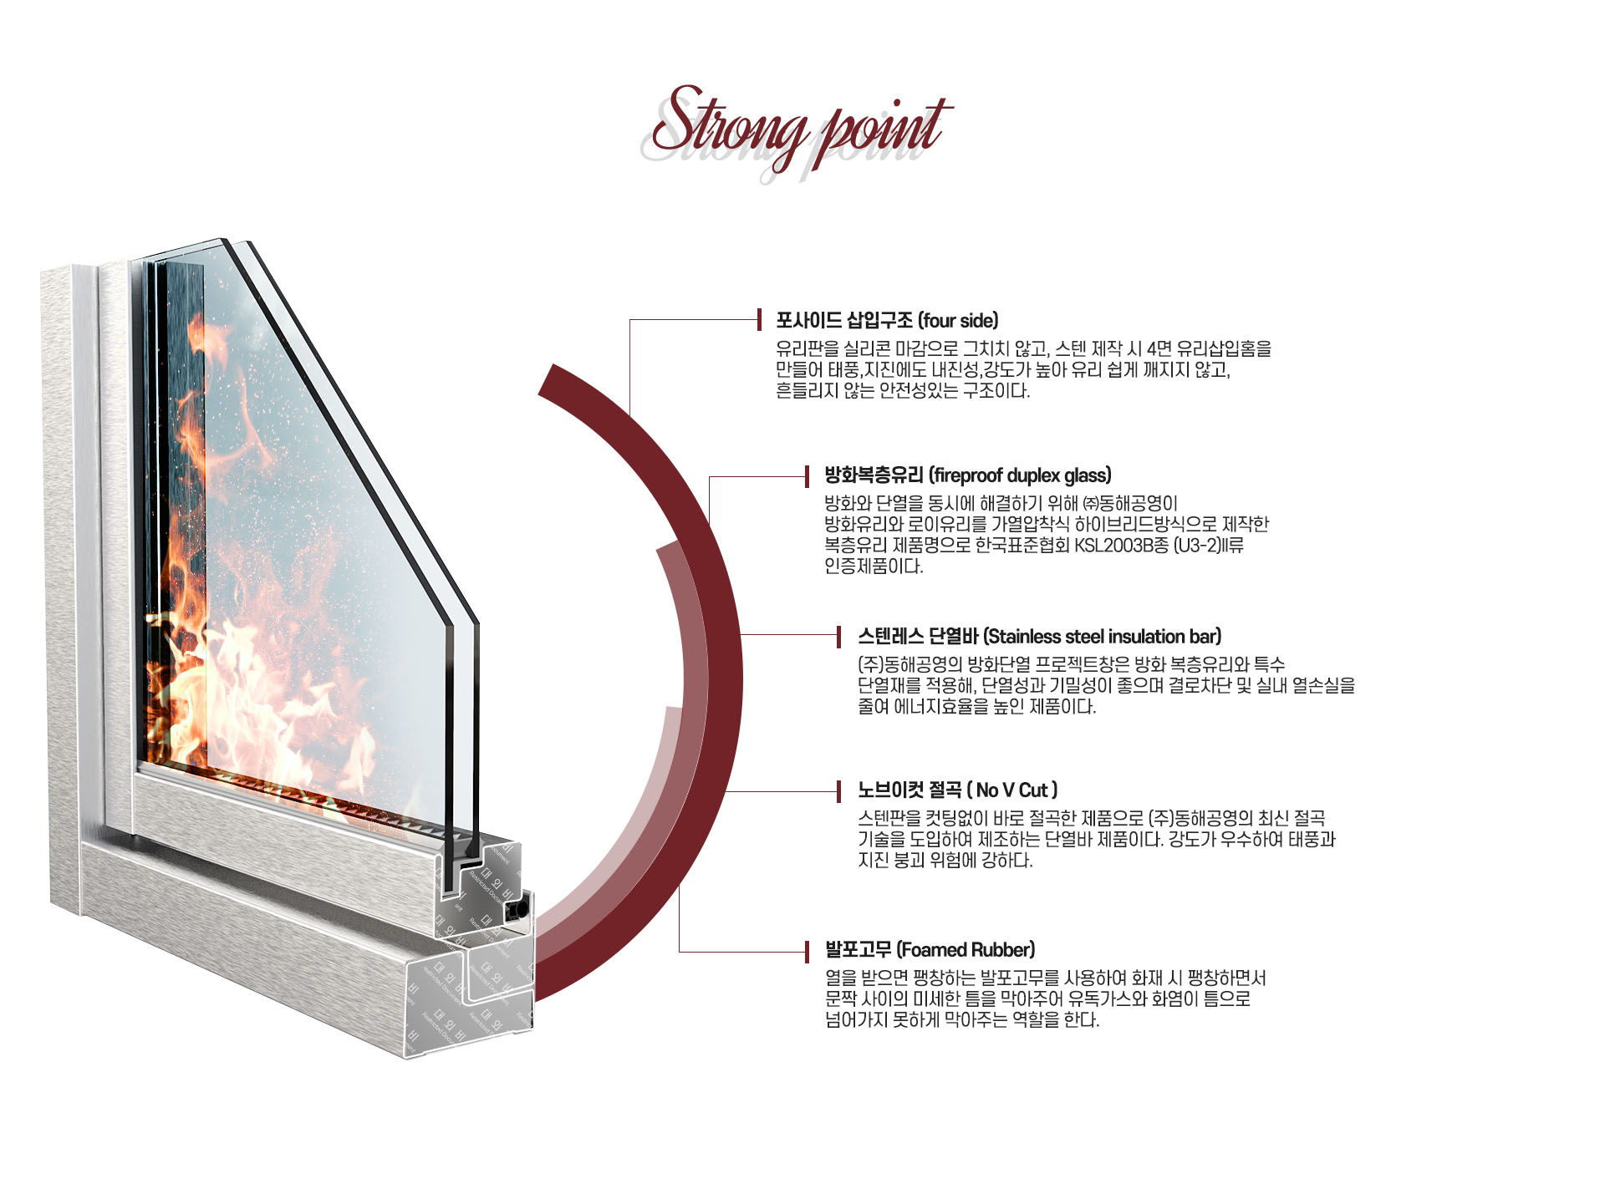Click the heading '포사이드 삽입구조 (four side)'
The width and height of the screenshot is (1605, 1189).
pos(886,321)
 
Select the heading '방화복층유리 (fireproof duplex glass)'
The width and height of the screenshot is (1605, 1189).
pos(967,476)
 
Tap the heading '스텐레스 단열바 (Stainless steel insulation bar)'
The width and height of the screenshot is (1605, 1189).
pos(1039,637)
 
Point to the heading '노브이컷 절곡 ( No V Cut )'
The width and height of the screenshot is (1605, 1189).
pos(957,790)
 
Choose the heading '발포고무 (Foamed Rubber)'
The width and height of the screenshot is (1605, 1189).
pos(930,950)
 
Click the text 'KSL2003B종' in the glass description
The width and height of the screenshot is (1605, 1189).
pos(1079,546)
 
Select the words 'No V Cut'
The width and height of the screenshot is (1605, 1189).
pos(1011,790)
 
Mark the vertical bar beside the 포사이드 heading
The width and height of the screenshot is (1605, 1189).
pos(759,320)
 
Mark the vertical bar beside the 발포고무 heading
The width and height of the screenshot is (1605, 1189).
pos(808,951)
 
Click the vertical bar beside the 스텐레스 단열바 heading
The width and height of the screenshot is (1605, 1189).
pos(838,637)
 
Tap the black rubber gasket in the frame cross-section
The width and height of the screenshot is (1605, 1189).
pos(522,908)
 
